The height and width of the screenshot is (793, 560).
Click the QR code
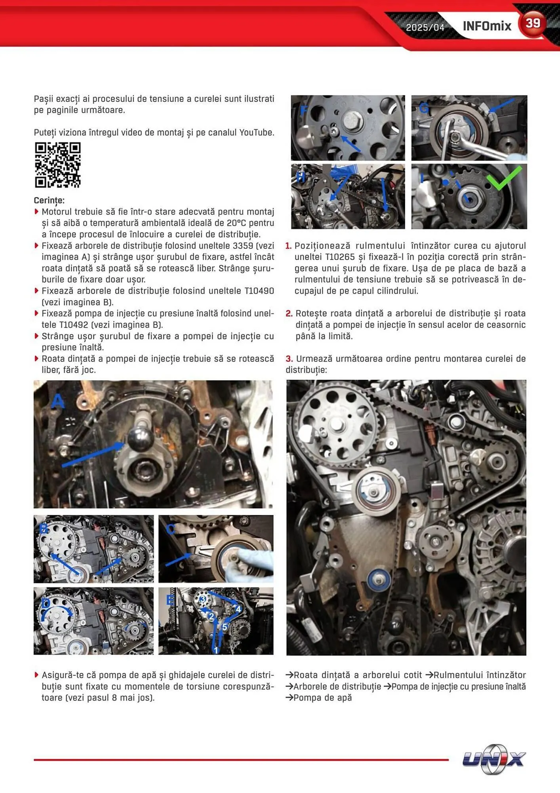point(58,165)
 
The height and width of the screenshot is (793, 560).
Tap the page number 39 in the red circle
point(533,23)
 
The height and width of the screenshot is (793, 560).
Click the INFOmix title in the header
point(487,26)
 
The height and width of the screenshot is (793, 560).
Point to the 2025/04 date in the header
point(425,27)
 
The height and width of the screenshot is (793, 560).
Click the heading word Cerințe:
point(49,200)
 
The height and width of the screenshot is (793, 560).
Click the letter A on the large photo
point(58,401)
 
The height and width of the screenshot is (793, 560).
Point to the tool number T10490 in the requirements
point(259,291)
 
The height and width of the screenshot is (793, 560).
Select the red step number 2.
point(289,314)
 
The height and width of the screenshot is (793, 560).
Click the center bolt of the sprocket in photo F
point(352,119)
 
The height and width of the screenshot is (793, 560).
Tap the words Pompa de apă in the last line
point(322,697)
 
